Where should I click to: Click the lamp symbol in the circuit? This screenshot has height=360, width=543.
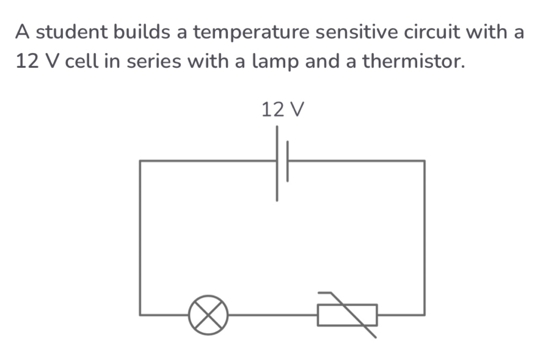click(208, 315)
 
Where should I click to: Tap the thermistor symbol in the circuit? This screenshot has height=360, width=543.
click(347, 315)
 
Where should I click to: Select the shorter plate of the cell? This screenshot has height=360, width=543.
click(287, 161)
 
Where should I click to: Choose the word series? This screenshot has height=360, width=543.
click(154, 62)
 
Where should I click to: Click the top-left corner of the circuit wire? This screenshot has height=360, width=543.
click(140, 161)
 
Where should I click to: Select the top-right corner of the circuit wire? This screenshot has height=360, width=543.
click(425, 161)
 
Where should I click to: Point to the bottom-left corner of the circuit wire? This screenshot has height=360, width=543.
click(140, 315)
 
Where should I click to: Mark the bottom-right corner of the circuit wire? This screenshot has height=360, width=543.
click(425, 315)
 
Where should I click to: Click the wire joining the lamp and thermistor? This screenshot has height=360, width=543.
click(273, 315)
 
